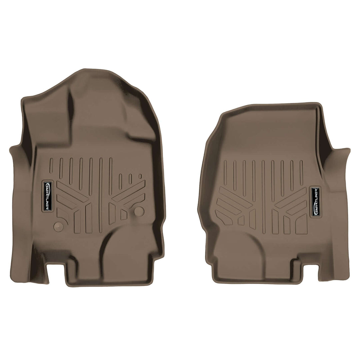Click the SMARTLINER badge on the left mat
[49, 196]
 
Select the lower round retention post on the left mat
[58, 226]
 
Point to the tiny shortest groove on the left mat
[140, 176]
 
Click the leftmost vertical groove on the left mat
[51, 165]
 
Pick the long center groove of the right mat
[263, 197]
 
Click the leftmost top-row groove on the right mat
[225, 172]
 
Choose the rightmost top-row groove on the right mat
[301, 172]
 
